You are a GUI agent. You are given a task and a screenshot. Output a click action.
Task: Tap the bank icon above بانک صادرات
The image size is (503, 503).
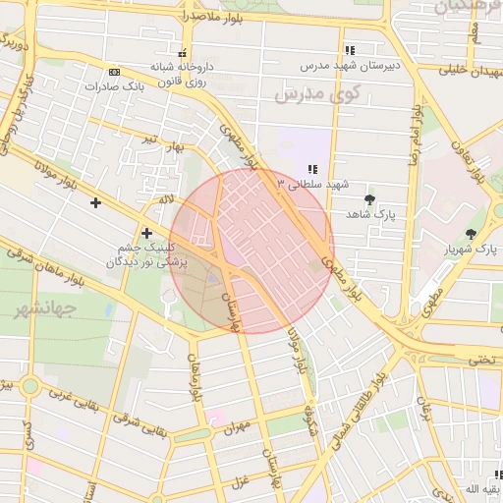pyautogui.click(x=115, y=72)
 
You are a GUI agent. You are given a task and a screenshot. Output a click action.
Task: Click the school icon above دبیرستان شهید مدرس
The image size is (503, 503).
pyautogui.click(x=349, y=50)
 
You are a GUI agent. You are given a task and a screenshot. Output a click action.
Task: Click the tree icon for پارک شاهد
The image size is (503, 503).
pyautogui.click(x=369, y=199)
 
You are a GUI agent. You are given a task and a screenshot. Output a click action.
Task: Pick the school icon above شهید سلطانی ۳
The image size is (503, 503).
pyautogui.click(x=312, y=169)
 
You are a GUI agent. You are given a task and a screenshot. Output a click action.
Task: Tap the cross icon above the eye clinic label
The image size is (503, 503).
pyautogui.click(x=147, y=233)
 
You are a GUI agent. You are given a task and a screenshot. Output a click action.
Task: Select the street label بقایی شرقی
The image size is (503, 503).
pyautogui.click(x=138, y=419)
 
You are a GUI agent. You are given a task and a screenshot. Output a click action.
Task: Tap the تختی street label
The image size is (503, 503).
pyautogui.click(x=481, y=360)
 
